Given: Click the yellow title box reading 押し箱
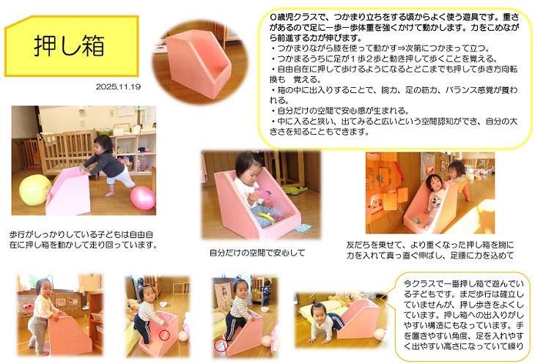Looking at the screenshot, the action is pyautogui.click(x=71, y=46).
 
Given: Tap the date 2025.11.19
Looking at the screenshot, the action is pyautogui.click(x=118, y=86).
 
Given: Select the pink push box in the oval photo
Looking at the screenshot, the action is pyautogui.click(x=198, y=64).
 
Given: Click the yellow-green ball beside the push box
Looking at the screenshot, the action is pyautogui.click(x=34, y=190).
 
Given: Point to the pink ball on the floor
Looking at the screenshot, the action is pyautogui.click(x=143, y=198).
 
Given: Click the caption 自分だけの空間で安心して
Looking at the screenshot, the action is pyautogui.click(x=257, y=253).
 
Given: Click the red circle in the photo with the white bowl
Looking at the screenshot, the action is pyautogui.click(x=164, y=335).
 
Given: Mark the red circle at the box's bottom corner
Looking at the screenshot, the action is pyautogui.click(x=221, y=346).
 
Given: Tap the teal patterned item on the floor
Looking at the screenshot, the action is pyautogui.click(x=303, y=227).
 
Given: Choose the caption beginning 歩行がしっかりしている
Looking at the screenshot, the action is pyautogui.click(x=84, y=239).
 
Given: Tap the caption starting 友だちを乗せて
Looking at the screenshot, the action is pyautogui.click(x=430, y=250).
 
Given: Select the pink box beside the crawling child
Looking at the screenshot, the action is pyautogui.click(x=358, y=319).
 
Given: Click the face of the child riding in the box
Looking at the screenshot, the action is pyautogui.click(x=434, y=185).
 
